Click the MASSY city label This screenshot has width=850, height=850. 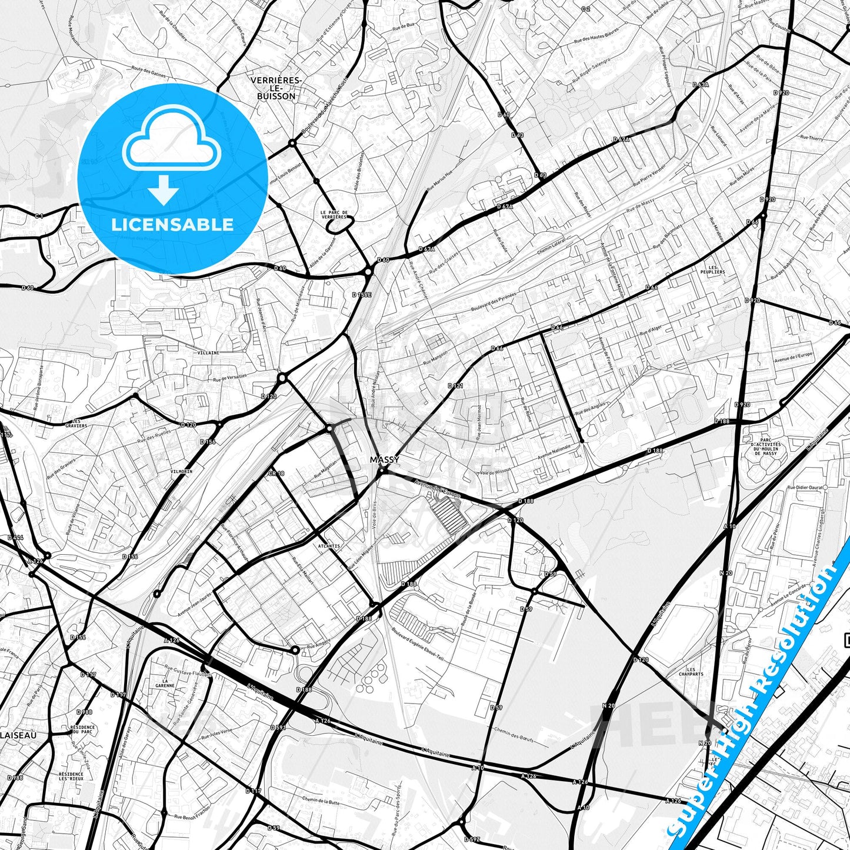pos(385,459)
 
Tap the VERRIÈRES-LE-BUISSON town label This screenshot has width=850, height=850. pos(276,88)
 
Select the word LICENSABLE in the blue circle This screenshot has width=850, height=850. pos(172,224)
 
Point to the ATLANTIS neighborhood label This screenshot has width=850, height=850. pos(328,546)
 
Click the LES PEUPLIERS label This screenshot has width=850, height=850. pos(712,269)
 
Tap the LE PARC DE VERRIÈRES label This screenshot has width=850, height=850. pos(334,215)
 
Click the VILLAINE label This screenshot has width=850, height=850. pos(208,353)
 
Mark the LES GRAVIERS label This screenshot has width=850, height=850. pos(76,424)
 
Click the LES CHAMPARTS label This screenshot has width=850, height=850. pos(691,672)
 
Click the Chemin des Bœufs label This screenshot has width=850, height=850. pos(514,735)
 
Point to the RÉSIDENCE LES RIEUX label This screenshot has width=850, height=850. pos(71,776)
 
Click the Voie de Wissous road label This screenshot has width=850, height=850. pos(495,472)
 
